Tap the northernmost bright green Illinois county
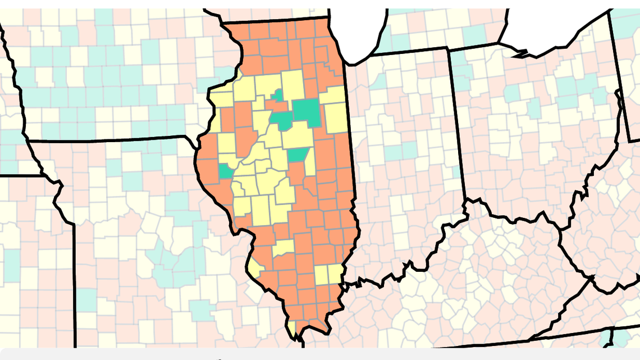pyautogui.click(x=277, y=95)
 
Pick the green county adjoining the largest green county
pyautogui.click(x=282, y=120)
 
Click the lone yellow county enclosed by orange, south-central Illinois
pyautogui.click(x=284, y=248)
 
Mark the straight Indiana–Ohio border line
pyautogui.click(x=456, y=124)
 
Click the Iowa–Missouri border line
pyautogui.click(x=112, y=139)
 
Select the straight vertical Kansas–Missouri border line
pyautogui.click(x=74, y=281)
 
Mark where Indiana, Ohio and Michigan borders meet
pyautogui.click(x=449, y=49)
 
